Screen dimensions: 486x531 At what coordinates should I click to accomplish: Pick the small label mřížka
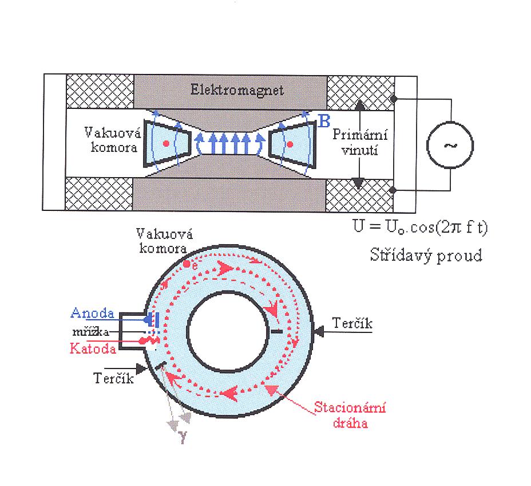pos(94,331)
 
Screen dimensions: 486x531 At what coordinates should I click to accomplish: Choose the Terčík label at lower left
pos(112,378)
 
